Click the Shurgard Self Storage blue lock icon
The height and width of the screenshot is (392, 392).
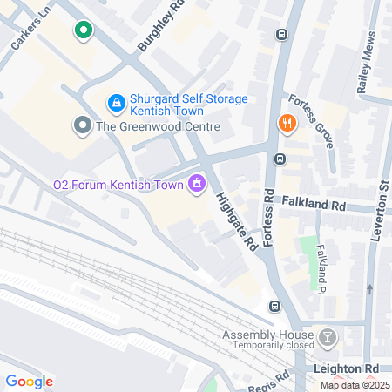click(115, 103)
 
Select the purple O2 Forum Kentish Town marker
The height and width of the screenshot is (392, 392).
click(197, 183)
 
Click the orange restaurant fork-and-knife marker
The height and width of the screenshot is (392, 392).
click(284, 124)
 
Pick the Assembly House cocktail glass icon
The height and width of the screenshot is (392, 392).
click(326, 336)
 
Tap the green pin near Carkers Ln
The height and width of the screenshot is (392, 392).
click(83, 32)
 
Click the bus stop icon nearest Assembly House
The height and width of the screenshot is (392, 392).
click(274, 306)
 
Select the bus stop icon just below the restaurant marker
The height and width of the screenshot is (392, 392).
click(280, 159)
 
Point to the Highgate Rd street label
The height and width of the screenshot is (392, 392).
click(235, 221)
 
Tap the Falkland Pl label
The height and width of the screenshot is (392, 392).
click(325, 259)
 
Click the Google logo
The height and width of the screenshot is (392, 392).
click(30, 381)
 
